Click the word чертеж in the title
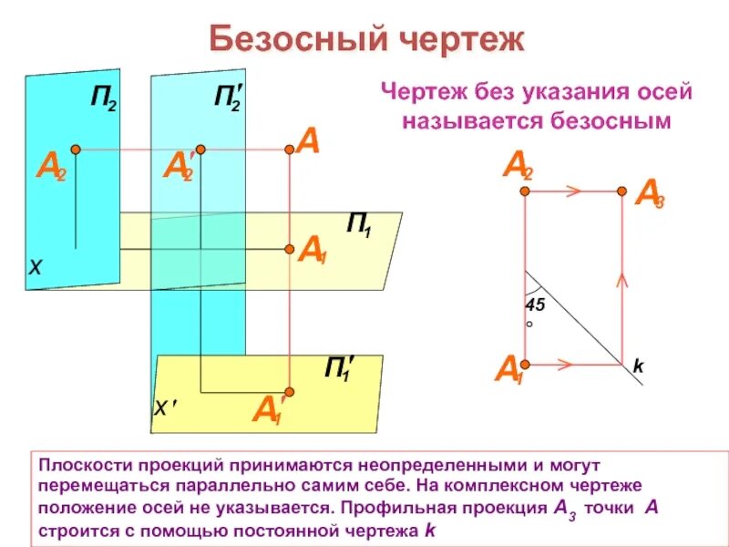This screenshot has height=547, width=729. click(460, 40)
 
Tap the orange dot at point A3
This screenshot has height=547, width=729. click(621, 191)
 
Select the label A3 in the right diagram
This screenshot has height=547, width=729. click(649, 194)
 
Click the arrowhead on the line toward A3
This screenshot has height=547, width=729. click(575, 191)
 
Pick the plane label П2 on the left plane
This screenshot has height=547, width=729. click(100, 98)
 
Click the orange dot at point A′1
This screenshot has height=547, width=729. click(289, 388)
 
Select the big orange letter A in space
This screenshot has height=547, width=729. click(308, 142)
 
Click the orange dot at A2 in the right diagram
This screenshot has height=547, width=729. click(525, 191)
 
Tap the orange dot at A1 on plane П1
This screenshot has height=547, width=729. click(289, 248)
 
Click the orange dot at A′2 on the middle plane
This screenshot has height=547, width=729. click(200, 149)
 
